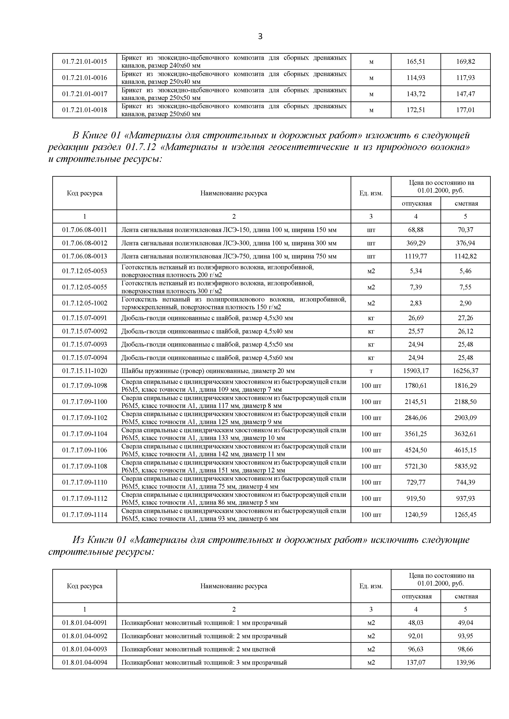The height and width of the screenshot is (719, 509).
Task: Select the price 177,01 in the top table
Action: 466,110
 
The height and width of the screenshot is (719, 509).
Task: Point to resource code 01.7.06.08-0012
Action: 84,243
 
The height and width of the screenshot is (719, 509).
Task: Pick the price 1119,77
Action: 416,256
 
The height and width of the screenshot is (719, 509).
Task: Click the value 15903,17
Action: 416,371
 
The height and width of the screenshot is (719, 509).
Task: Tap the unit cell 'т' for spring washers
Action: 371,371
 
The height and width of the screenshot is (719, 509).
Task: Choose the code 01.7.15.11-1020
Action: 84,371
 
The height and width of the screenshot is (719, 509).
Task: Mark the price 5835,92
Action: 466,466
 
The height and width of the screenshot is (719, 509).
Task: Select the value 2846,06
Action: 416,418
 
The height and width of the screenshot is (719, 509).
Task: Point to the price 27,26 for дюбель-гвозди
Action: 466,318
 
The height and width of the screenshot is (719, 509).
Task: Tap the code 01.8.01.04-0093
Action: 84,649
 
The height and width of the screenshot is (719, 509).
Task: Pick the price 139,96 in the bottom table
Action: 466,662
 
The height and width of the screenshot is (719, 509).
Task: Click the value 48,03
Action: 416,622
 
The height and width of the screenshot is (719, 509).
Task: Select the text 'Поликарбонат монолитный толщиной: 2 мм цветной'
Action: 198,649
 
